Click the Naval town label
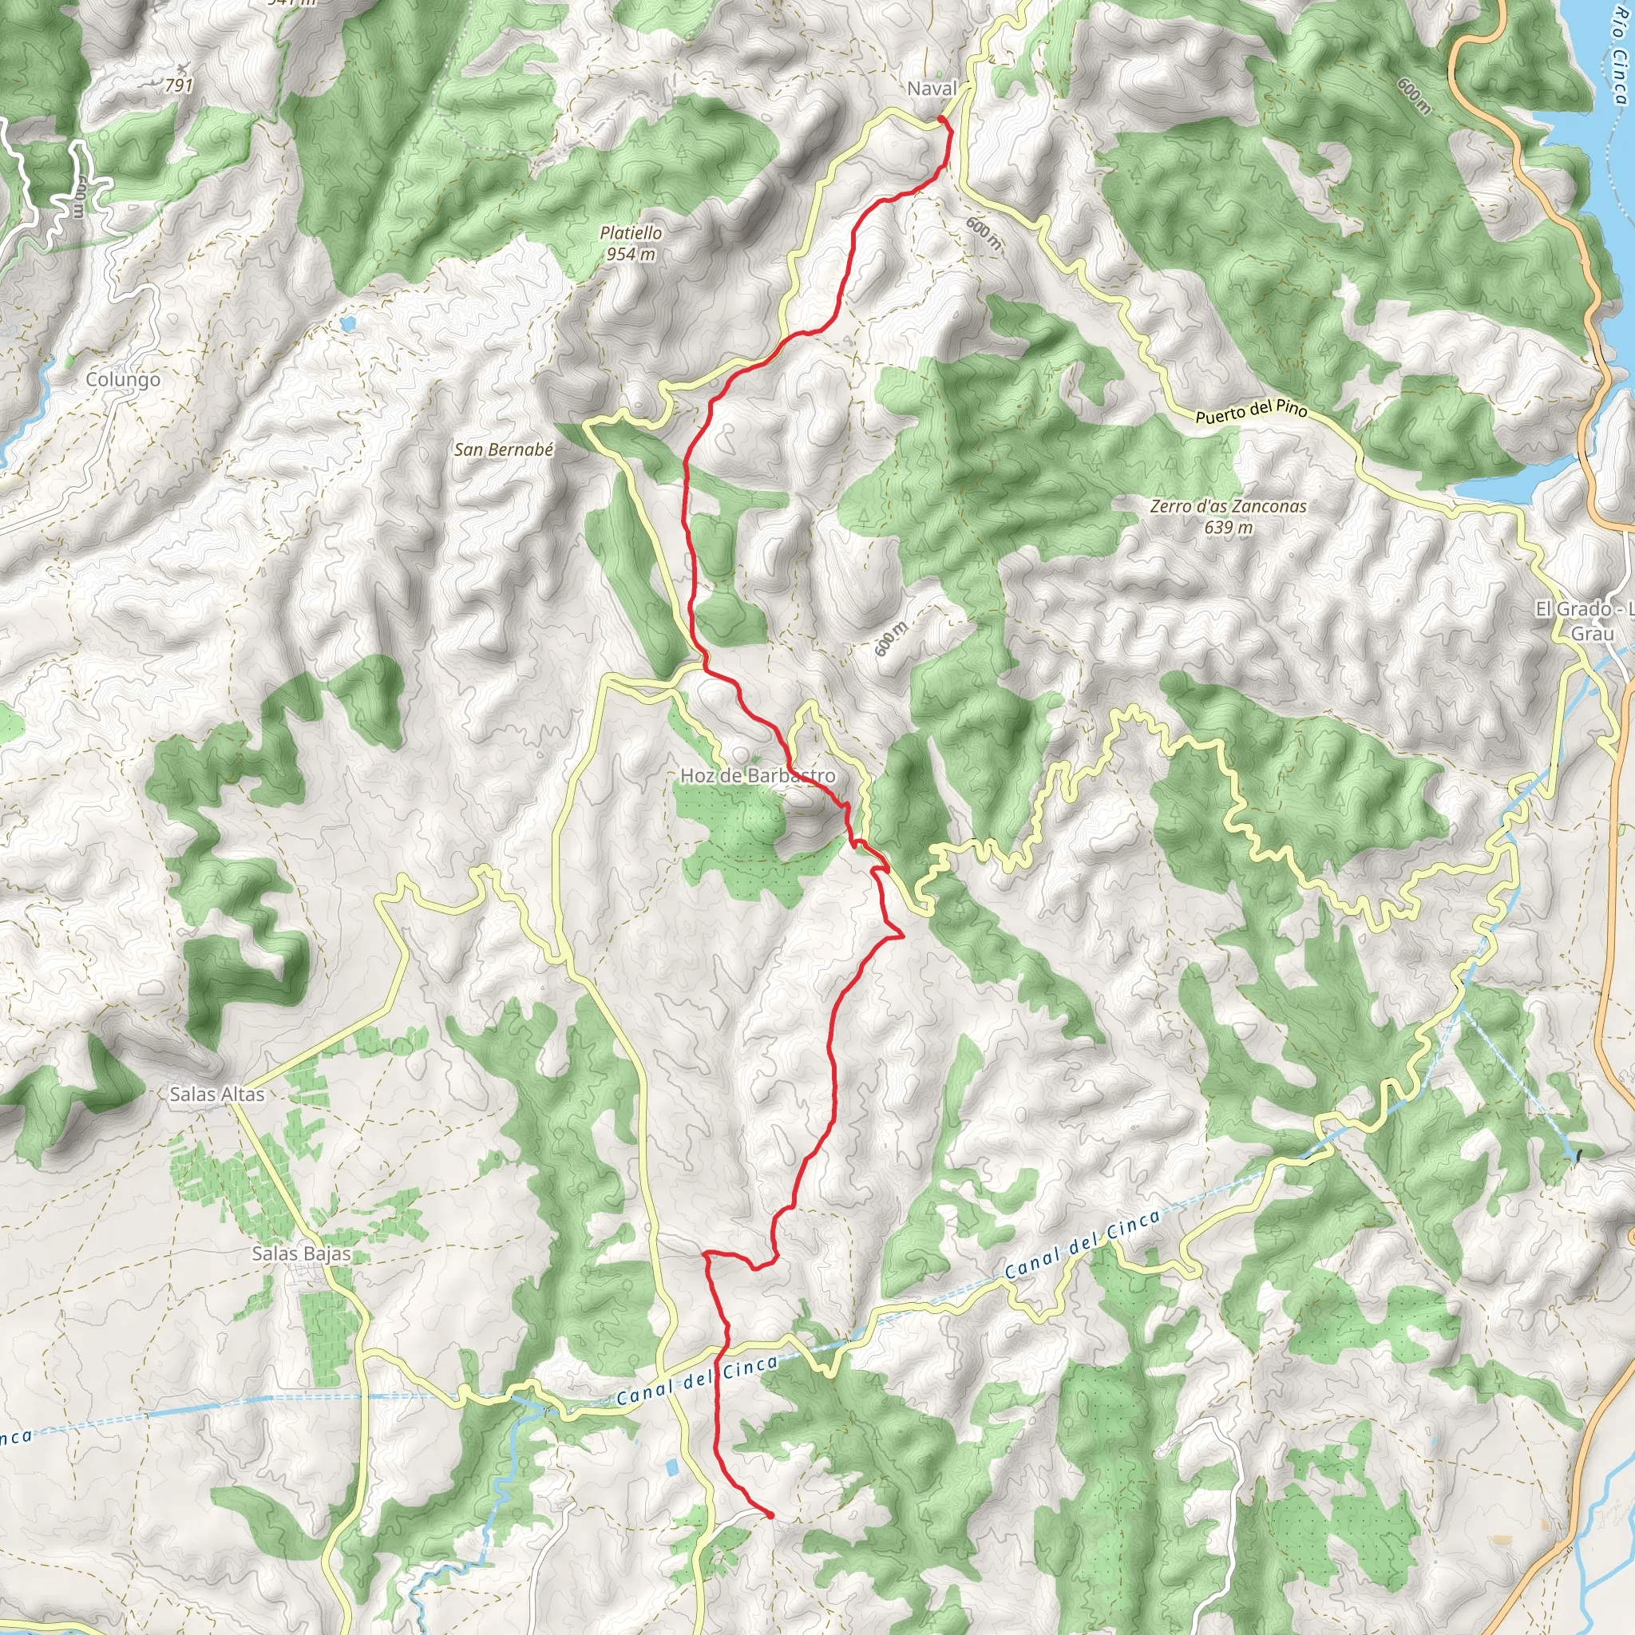[932, 89]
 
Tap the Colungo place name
[123, 380]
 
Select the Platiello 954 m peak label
[631, 243]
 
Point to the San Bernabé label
[504, 450]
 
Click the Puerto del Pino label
[1251, 412]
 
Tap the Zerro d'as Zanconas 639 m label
[1228, 517]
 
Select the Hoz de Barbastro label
[758, 776]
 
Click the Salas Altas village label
[216, 1095]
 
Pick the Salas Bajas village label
[301, 1253]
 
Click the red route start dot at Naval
[941, 121]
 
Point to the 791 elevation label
[179, 85]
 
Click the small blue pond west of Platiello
[347, 323]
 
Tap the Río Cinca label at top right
[1617, 64]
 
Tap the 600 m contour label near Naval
[984, 233]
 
